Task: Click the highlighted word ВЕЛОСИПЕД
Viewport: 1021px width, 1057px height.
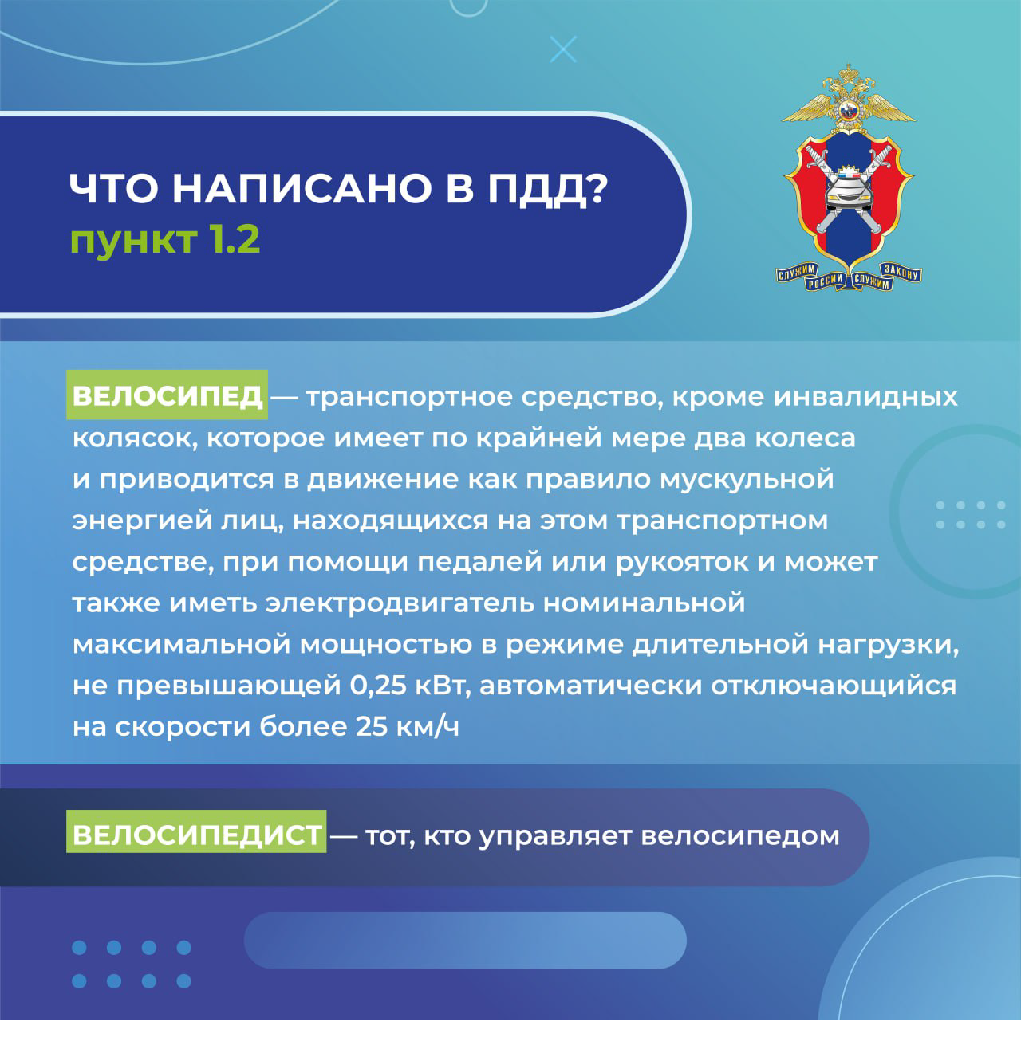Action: point(167,395)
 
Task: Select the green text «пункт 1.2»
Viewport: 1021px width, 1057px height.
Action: point(165,240)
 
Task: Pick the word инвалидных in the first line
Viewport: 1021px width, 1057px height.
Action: point(865,397)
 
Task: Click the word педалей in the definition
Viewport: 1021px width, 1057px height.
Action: point(479,562)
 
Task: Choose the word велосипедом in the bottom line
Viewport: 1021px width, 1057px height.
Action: point(740,835)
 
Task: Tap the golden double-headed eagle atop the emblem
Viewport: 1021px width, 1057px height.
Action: point(848,98)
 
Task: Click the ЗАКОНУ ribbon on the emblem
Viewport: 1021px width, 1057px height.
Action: point(901,272)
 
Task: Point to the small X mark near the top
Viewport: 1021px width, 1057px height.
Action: point(562,49)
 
